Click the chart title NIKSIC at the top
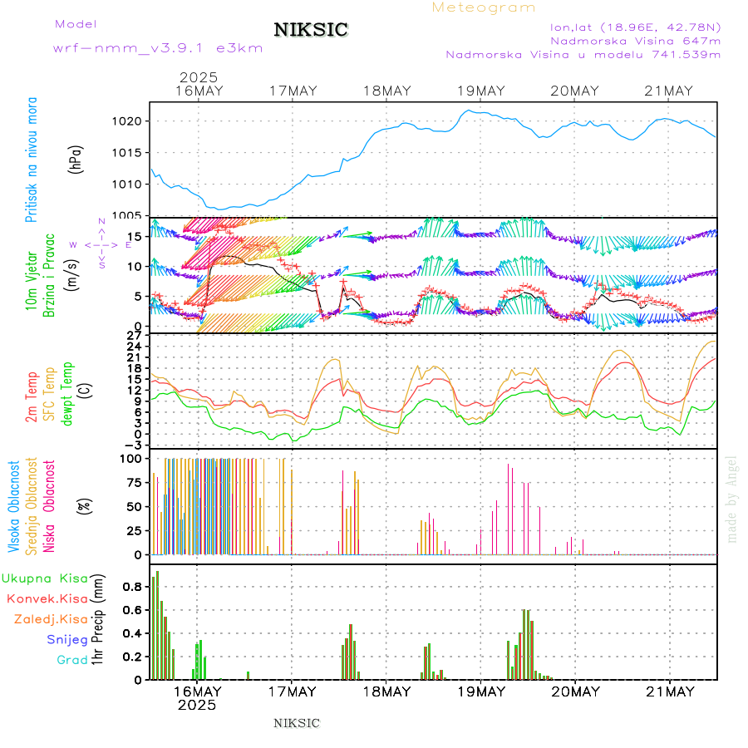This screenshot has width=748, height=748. click(311, 31)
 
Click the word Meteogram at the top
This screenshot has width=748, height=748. click(484, 7)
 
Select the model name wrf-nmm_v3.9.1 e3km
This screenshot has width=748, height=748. click(158, 47)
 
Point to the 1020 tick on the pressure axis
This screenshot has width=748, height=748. click(129, 121)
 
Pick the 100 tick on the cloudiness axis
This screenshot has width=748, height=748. click(134, 458)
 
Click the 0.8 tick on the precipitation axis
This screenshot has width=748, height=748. click(135, 586)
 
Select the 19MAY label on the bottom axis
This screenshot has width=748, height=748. click(481, 691)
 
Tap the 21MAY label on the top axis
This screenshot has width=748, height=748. click(670, 91)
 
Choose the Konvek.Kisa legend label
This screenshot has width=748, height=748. click(47, 598)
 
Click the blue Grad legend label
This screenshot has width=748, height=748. click(71, 660)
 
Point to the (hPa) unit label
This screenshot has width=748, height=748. click(76, 159)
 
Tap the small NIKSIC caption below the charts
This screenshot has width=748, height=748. click(297, 723)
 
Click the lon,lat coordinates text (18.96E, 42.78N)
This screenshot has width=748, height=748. click(635, 26)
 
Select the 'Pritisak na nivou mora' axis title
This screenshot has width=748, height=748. click(32, 159)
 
